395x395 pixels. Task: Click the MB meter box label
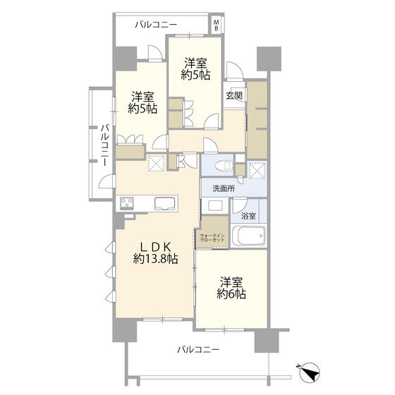click(216, 25)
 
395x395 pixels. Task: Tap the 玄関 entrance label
click(234, 96)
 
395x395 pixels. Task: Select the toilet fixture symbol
click(223, 166)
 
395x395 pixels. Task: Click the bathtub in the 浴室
click(248, 236)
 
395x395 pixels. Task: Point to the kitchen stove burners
click(127, 203)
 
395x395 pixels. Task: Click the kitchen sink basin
click(164, 204)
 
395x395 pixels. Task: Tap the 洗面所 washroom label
click(224, 188)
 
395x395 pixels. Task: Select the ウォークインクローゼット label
click(212, 238)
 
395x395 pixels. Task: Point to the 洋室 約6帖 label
click(231, 288)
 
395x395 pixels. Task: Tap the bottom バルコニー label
click(198, 349)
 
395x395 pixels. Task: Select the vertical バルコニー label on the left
click(105, 145)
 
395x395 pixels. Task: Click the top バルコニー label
click(156, 25)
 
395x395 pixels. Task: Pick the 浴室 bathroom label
click(248, 216)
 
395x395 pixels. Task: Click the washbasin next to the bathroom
click(215, 206)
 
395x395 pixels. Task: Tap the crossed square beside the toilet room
click(257, 169)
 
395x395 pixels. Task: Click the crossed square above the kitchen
click(156, 163)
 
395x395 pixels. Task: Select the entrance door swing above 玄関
click(234, 71)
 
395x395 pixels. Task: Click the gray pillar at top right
click(269, 59)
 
